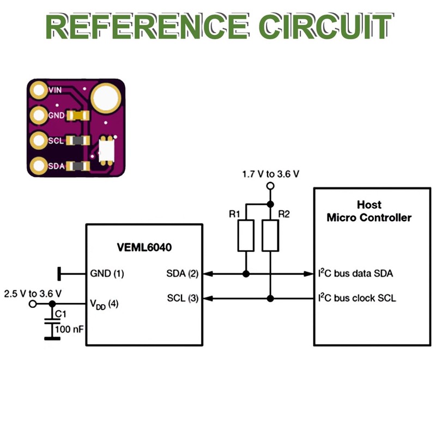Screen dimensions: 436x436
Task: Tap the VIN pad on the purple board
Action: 39,89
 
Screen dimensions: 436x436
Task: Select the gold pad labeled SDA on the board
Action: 39,165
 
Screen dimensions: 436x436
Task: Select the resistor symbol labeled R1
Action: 246,235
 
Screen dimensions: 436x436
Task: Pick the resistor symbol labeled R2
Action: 270,235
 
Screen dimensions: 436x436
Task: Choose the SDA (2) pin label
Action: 182,274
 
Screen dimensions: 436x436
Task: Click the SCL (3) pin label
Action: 182,299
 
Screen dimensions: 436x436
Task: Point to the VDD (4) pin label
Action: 104,304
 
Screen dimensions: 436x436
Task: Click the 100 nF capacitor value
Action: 70,330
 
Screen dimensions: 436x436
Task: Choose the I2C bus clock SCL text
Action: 357,299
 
